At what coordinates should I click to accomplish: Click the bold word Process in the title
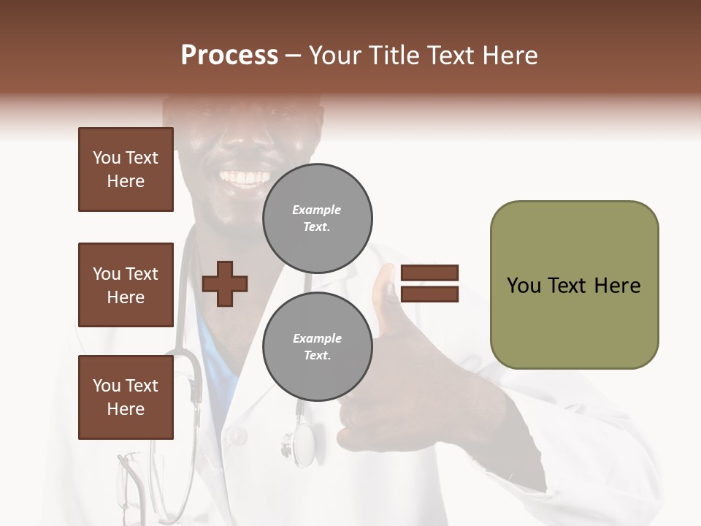pos(229,56)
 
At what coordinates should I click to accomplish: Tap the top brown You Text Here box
pos(126,169)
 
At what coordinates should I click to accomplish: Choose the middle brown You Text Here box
pos(126,285)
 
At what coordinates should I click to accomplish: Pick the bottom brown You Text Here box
pos(126,397)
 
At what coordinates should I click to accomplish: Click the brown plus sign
pos(225,283)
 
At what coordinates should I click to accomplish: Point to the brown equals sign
pos(429,283)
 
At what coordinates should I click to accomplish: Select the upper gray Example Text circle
pos(317,218)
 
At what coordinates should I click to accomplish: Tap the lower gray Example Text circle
pos(317,347)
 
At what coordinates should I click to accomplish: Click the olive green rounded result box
pos(574,285)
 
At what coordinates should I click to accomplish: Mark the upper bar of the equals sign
pos(429,273)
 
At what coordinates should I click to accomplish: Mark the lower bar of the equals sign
pos(429,294)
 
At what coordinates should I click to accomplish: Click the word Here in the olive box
pos(617,286)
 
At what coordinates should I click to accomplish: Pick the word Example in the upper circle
pos(317,210)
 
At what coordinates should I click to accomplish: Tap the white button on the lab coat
pos(235,436)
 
